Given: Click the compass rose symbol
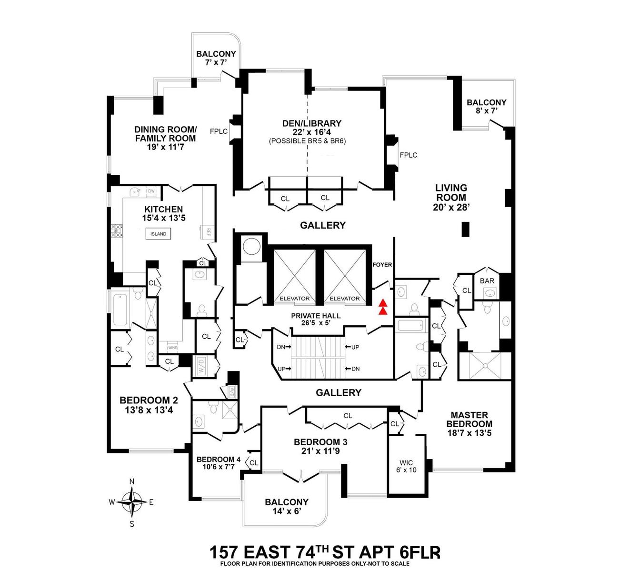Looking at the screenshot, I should pyautogui.click(x=132, y=501).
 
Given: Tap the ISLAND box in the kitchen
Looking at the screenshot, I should pyautogui.click(x=159, y=234).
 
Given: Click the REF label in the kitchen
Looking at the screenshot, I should pyautogui.click(x=208, y=231).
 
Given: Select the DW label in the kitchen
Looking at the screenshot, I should pyautogui.click(x=151, y=191).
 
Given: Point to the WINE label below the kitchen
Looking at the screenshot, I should pyautogui.click(x=171, y=348).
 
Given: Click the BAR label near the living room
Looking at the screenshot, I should pyautogui.click(x=487, y=281).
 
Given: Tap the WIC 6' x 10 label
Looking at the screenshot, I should pyautogui.click(x=406, y=466).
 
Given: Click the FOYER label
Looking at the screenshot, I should pyautogui.click(x=382, y=265).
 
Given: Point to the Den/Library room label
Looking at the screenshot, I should pyautogui.click(x=312, y=123).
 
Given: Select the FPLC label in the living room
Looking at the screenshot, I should pyautogui.click(x=409, y=155).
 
